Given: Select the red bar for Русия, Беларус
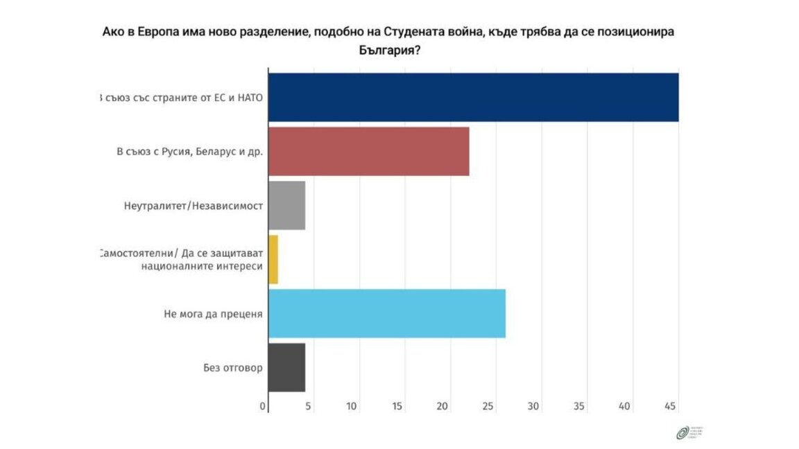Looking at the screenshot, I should [x=368, y=151].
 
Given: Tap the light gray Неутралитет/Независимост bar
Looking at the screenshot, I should [x=286, y=205].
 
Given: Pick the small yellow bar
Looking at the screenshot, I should [x=273, y=259].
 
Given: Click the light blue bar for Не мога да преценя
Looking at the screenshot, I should [x=386, y=313].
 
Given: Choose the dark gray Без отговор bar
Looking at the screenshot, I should [x=286, y=367].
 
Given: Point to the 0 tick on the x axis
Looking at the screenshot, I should [x=264, y=407].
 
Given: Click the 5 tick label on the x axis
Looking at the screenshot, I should [x=308, y=407].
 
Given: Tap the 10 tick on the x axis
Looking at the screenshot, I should [x=352, y=407].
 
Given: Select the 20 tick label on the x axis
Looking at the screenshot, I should [x=443, y=407].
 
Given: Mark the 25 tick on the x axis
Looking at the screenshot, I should [x=488, y=407].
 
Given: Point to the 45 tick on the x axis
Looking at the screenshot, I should [x=670, y=407].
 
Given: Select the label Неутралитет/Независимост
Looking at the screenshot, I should [x=192, y=206].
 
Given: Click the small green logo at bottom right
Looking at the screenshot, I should [x=682, y=433].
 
